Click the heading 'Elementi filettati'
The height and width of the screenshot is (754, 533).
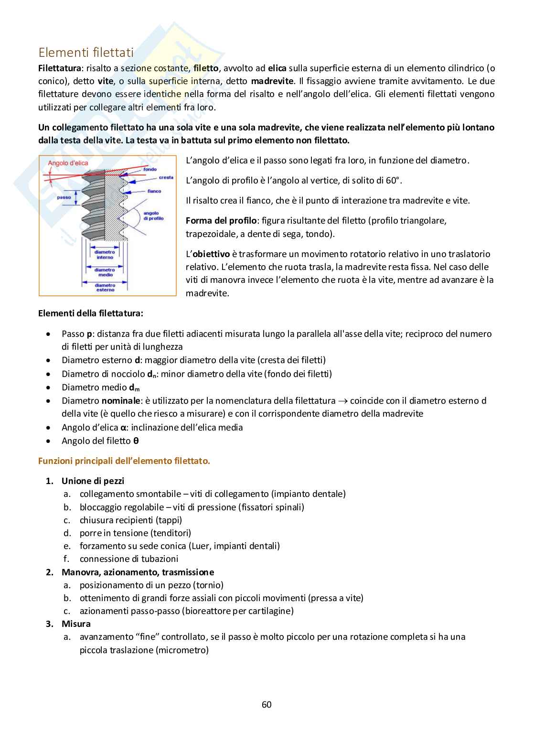point(86,52)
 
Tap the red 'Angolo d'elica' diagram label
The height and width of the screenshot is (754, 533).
point(68,163)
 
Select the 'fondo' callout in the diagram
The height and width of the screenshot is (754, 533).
point(149,169)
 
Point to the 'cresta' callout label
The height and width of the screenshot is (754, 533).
point(166,177)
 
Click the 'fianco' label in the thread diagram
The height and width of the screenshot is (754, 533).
point(154,191)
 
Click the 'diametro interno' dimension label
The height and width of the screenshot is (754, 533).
point(105,254)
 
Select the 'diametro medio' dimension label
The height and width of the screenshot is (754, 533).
point(105,272)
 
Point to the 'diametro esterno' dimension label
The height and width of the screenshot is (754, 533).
point(105,288)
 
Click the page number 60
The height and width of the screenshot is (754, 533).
point(266,704)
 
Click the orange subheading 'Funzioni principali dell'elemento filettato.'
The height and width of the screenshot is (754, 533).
point(124,461)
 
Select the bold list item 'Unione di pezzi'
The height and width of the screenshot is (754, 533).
point(93,481)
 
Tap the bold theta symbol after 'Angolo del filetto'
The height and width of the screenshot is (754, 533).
point(136,441)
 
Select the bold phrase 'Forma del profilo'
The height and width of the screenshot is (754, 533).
point(221,221)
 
